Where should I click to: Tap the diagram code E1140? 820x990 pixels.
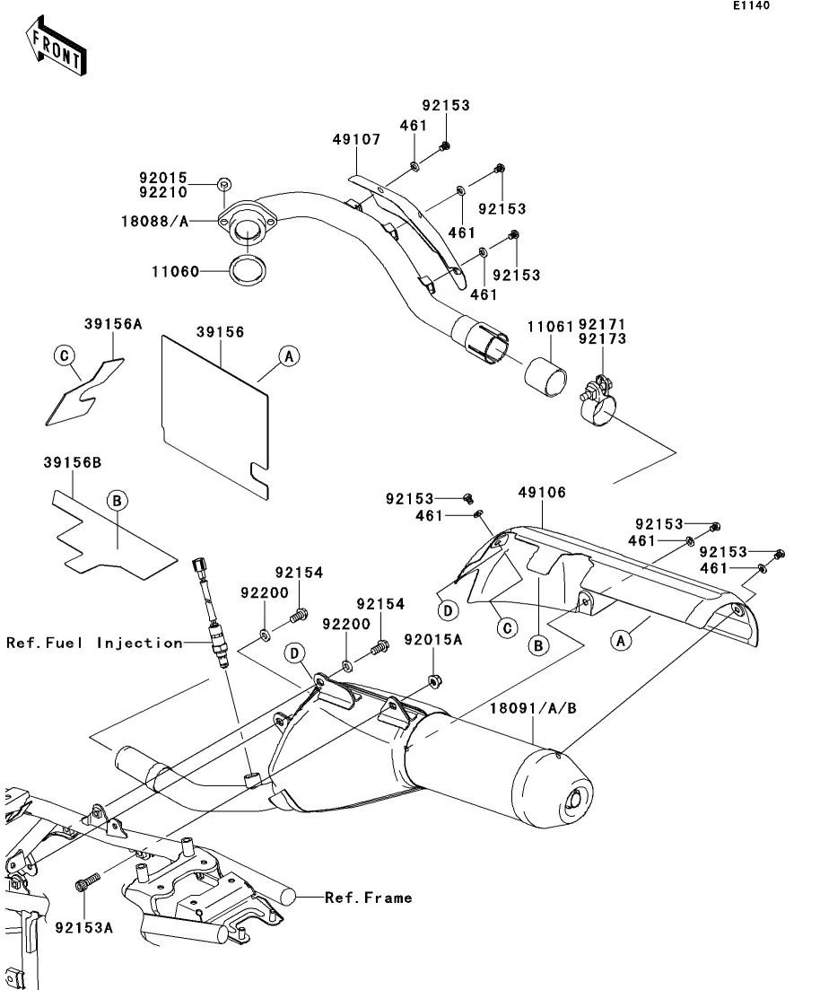(x=750, y=6)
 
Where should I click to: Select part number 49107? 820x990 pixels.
(x=356, y=140)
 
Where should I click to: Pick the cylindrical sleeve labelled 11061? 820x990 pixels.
(x=548, y=375)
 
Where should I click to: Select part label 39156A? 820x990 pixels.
(x=114, y=324)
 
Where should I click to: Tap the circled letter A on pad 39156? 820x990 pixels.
(x=289, y=356)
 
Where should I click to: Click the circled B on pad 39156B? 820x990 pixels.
(x=117, y=501)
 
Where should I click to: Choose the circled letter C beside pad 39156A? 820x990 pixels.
(x=64, y=356)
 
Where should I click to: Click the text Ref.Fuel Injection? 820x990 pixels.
(x=94, y=643)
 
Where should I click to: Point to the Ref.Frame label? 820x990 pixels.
(x=369, y=897)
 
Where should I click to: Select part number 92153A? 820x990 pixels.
(x=84, y=927)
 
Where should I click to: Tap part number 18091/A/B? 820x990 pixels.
(x=533, y=708)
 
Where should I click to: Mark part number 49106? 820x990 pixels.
(x=542, y=493)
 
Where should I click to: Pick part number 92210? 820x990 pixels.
(x=162, y=193)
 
